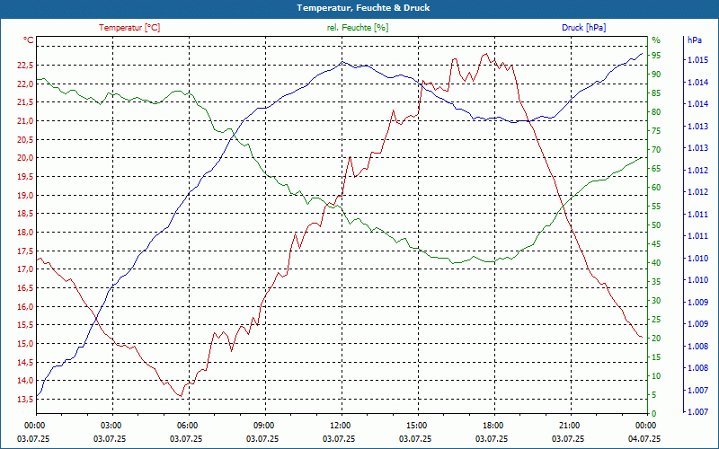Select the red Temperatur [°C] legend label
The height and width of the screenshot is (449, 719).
click(129, 28)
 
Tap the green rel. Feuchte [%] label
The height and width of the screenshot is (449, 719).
click(358, 28)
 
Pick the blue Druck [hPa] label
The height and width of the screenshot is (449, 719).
click(583, 28)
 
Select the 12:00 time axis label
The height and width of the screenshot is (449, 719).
click(341, 425)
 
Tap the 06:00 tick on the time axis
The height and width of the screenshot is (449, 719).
click(188, 425)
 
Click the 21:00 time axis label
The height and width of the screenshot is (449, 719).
click(569, 425)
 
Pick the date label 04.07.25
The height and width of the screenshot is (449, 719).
click(645, 438)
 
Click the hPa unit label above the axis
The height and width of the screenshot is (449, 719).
click(694, 40)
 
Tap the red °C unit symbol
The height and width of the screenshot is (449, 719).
click(29, 40)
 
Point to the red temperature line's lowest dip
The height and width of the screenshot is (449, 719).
click(181, 396)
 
